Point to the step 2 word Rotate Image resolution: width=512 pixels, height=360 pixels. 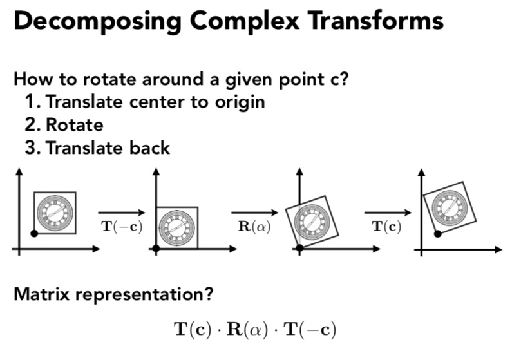click(x=73, y=124)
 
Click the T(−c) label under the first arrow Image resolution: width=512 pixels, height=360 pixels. click(x=122, y=227)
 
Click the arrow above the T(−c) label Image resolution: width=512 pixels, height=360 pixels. click(x=122, y=211)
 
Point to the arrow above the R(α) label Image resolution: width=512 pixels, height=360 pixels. click(x=255, y=211)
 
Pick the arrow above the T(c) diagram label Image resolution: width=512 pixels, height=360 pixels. click(x=387, y=211)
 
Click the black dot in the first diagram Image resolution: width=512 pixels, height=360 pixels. click(x=35, y=232)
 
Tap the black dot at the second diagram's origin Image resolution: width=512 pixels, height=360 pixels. click(x=156, y=248)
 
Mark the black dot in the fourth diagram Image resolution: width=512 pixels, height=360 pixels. click(x=439, y=232)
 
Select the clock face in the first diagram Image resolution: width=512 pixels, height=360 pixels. click(x=54, y=211)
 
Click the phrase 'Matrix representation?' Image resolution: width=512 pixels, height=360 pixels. click(x=113, y=296)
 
